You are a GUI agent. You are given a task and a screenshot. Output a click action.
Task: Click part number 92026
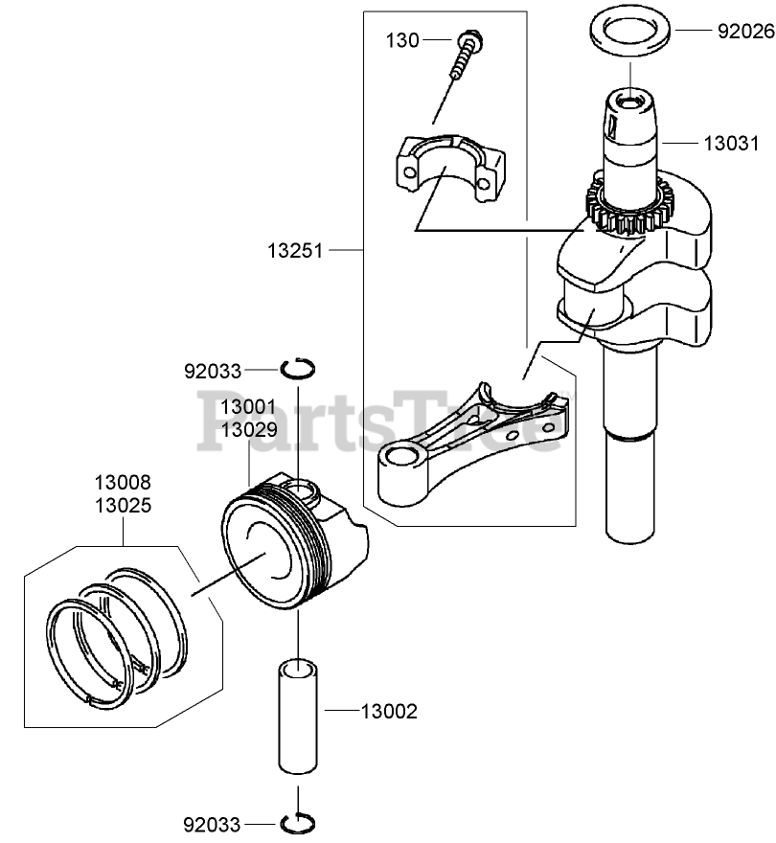coord(745,31)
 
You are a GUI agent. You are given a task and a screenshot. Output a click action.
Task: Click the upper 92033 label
coord(213,369)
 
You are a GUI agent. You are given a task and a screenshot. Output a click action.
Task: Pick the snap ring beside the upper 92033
coord(299,368)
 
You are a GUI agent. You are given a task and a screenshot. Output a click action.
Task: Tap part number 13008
coord(123,482)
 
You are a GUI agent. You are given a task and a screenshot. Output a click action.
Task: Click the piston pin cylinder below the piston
coord(300,713)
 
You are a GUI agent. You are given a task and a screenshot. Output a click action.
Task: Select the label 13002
coord(389,712)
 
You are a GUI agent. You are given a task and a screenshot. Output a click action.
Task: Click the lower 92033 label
coord(213,823)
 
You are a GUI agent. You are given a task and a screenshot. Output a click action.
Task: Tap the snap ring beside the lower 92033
coord(299,821)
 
